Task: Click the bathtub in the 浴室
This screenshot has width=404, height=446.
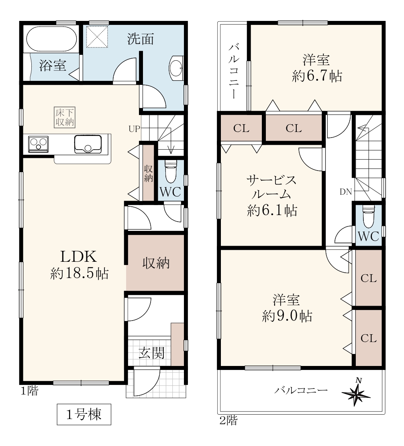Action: (52, 39)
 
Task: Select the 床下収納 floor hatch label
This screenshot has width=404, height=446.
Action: (65, 117)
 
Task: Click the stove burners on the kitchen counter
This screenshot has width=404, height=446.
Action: (39, 144)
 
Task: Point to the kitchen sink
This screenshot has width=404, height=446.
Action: (88, 144)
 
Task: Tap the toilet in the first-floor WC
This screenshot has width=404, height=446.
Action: (170, 171)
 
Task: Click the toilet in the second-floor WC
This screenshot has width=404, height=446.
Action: (369, 217)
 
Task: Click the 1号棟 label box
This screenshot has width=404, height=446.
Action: (84, 414)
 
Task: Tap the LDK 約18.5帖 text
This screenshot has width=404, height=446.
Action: (79, 265)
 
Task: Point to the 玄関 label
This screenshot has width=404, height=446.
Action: (151, 353)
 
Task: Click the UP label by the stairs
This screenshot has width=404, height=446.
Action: (135, 129)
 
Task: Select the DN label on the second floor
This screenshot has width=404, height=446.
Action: (346, 192)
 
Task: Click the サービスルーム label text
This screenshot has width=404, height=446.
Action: (271, 187)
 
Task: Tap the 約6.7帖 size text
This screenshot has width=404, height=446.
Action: (317, 76)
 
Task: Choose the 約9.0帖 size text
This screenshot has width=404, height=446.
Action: (287, 316)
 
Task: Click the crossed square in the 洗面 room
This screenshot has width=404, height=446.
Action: (97, 37)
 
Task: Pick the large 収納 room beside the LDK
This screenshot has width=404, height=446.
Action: (156, 263)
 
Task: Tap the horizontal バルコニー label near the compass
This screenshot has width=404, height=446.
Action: (301, 390)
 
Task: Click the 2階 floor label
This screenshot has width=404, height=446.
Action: (229, 420)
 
